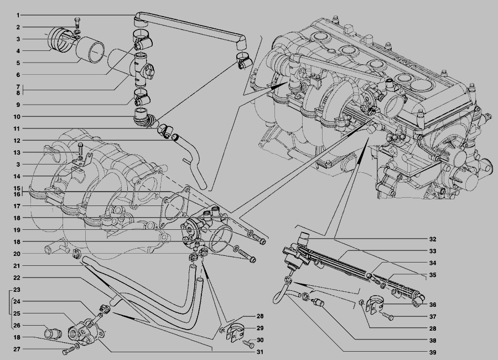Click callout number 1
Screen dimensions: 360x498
(18, 14)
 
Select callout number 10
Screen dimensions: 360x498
(18, 117)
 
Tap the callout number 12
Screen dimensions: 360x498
(18, 141)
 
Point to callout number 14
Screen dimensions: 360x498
(18, 176)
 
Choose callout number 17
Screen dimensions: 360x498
(18, 206)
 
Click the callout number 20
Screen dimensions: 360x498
(18, 254)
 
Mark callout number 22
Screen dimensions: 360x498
(18, 277)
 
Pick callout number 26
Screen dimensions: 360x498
(18, 325)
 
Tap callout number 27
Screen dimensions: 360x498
(18, 349)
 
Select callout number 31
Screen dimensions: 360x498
(260, 352)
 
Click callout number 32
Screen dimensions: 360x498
(433, 239)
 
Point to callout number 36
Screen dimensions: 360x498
(433, 304)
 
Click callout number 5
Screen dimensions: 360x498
(18, 63)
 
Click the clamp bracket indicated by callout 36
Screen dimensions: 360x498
(382, 301)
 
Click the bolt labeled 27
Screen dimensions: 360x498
(68, 350)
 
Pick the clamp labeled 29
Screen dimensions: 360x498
(236, 330)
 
